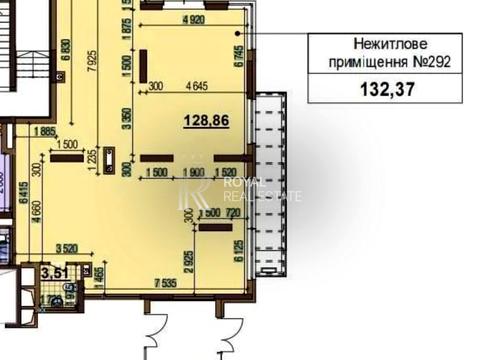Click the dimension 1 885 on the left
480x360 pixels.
[x=43, y=129]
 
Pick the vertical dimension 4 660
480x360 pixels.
[x=36, y=228]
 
